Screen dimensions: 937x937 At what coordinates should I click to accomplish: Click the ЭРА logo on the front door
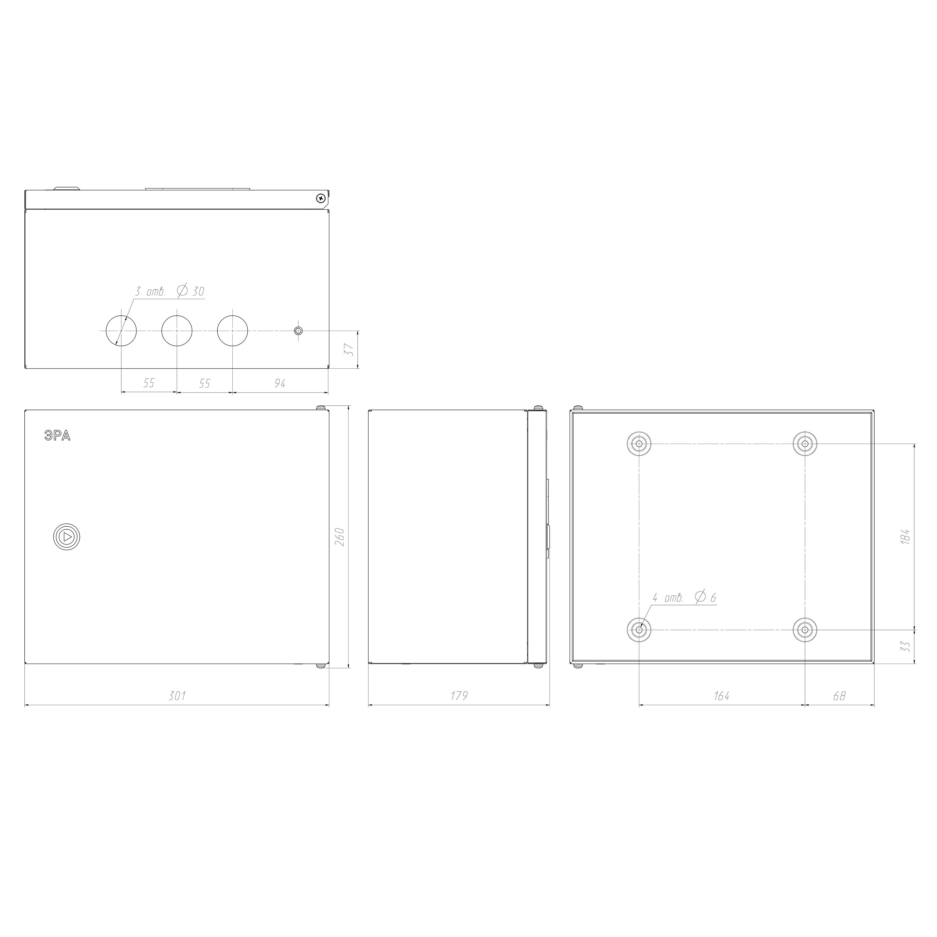click(x=57, y=436)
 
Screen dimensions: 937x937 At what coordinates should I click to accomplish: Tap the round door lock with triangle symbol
click(x=66, y=537)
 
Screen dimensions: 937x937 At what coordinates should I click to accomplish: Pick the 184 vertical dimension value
click(x=905, y=537)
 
